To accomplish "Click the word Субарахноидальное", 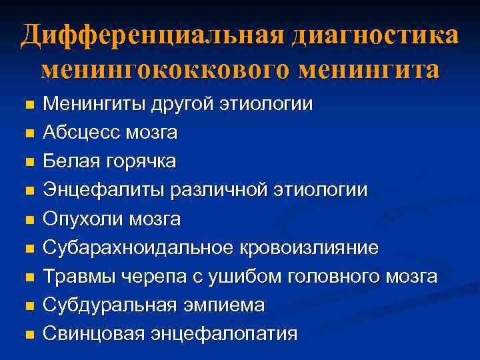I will (x=137, y=247).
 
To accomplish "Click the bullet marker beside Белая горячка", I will (x=28, y=162).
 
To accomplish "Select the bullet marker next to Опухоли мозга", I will (x=28, y=219).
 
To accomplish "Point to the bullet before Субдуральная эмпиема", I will (x=28, y=305).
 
